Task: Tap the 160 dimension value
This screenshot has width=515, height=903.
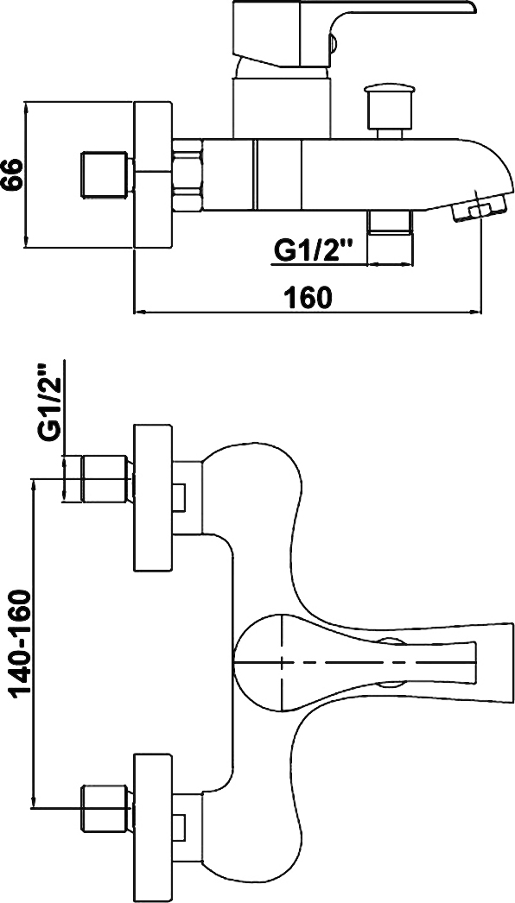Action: (x=308, y=297)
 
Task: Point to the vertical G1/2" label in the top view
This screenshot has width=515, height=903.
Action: (x=49, y=402)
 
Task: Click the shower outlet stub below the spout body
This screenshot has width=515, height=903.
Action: (x=390, y=222)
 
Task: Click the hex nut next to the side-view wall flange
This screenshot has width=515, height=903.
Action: (x=188, y=174)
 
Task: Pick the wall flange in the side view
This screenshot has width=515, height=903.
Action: (x=153, y=175)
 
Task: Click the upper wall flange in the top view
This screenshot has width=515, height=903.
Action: (x=153, y=497)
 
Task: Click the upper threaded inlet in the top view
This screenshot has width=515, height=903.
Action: (x=104, y=478)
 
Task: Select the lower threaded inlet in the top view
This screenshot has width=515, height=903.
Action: (x=104, y=808)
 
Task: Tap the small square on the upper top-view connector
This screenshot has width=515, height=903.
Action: (x=179, y=497)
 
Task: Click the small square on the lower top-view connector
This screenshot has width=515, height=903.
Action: (x=179, y=827)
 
